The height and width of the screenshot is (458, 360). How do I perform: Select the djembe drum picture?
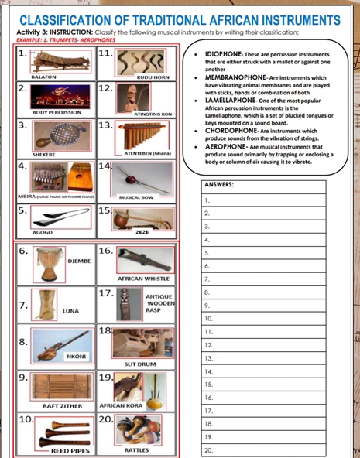(x=48, y=265)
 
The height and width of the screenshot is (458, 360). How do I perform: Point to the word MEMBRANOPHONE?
(x=233, y=78)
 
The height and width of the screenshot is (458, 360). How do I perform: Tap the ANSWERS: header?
(x=221, y=185)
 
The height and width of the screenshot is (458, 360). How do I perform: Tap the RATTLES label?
(x=136, y=449)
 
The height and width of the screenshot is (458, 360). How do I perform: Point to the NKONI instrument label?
(x=76, y=356)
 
